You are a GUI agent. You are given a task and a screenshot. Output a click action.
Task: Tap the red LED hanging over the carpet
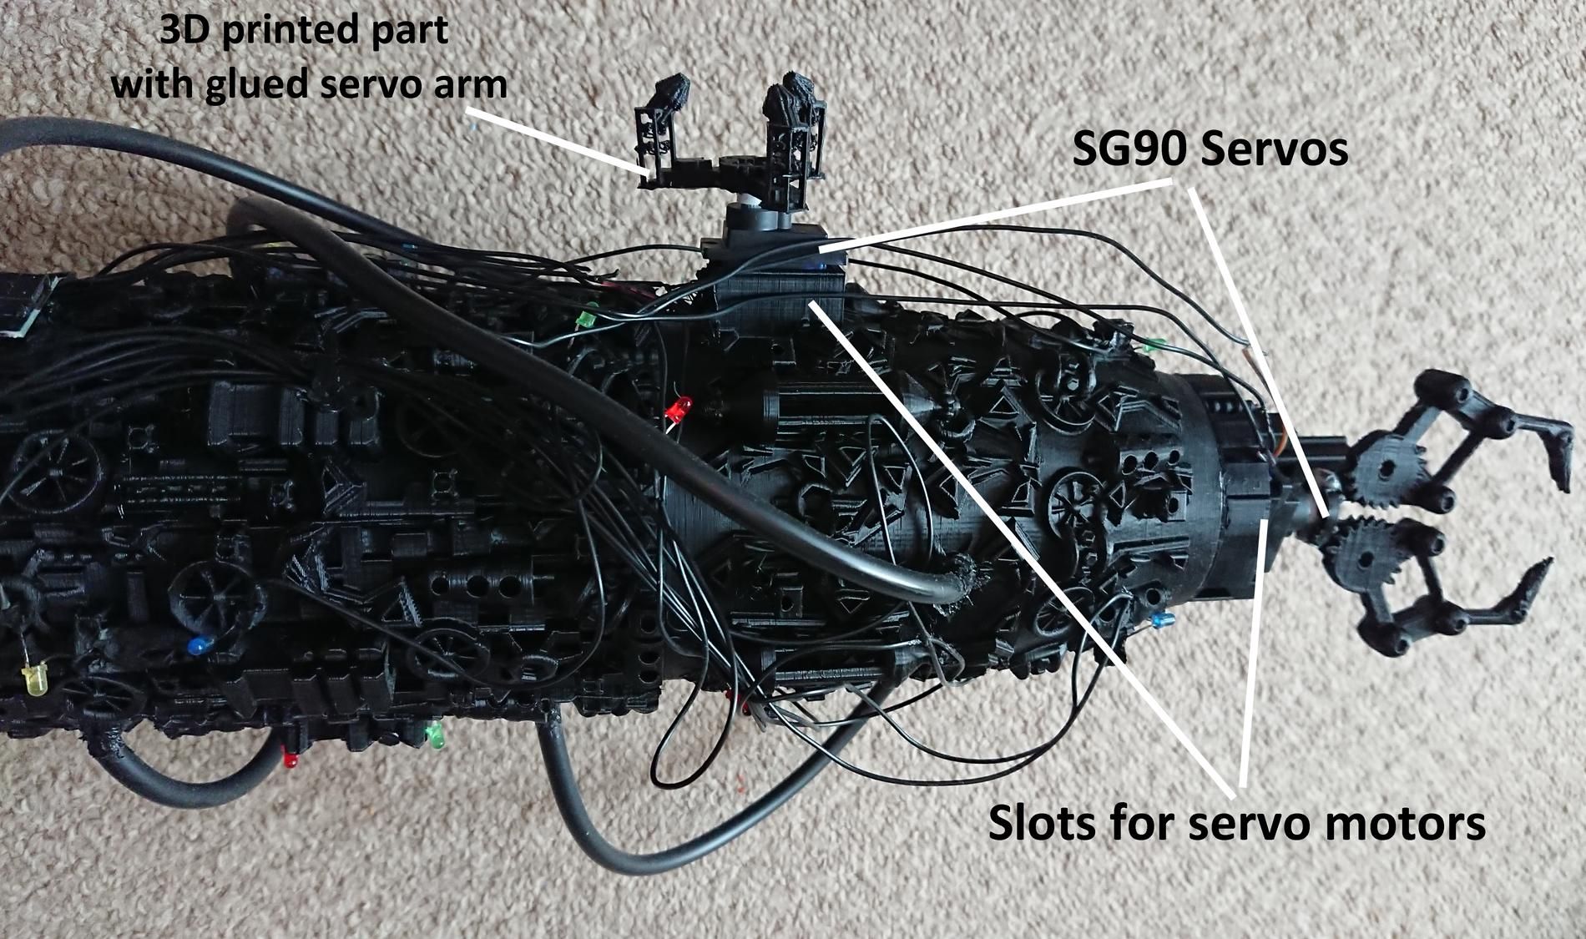point(290,760)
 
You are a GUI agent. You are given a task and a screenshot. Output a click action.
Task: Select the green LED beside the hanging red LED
point(434,735)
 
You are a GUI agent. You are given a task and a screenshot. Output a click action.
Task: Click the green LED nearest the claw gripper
point(1155,343)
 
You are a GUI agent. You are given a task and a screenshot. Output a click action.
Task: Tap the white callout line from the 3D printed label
point(559,139)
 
